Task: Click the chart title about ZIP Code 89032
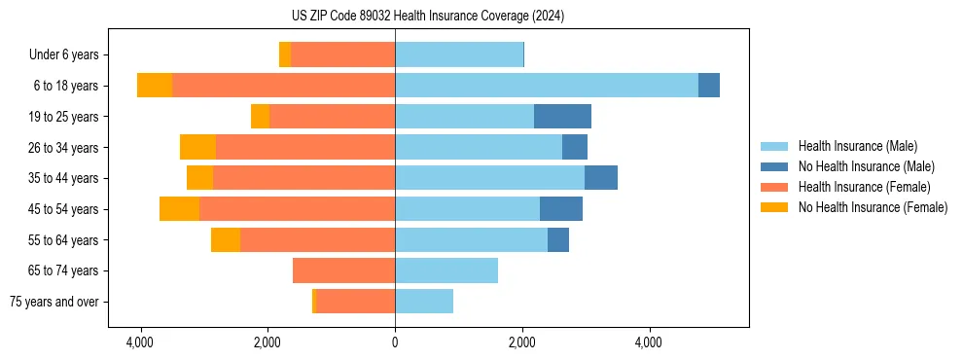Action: pyautogui.click(x=427, y=17)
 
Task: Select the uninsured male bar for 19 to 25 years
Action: pyautogui.click(x=562, y=117)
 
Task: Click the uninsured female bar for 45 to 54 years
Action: pyautogui.click(x=179, y=209)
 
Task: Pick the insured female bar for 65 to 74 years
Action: pyautogui.click(x=343, y=270)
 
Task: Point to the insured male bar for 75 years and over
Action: pyautogui.click(x=424, y=302)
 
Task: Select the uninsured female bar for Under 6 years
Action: pyautogui.click(x=285, y=55)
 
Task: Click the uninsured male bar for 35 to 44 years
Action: pyautogui.click(x=601, y=178)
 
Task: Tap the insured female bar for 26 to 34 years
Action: pyautogui.click(x=305, y=148)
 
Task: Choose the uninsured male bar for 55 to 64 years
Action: pyautogui.click(x=558, y=240)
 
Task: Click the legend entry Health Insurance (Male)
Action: pyautogui.click(x=857, y=146)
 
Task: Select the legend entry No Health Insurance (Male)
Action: pyautogui.click(x=866, y=166)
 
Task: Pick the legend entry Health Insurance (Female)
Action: pyautogui.click(x=864, y=187)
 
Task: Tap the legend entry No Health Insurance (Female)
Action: pyautogui.click(x=873, y=207)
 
